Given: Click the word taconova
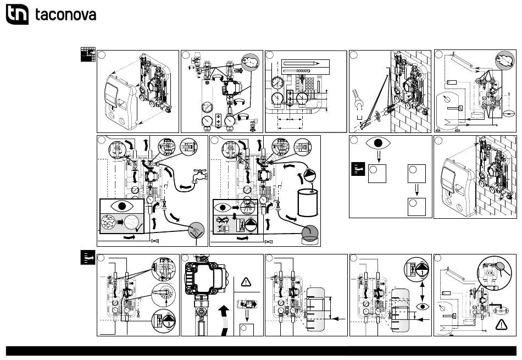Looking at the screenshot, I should tap(66, 15).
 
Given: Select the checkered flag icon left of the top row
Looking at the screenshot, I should tap(87, 54).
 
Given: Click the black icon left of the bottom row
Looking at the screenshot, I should tap(87, 258).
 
